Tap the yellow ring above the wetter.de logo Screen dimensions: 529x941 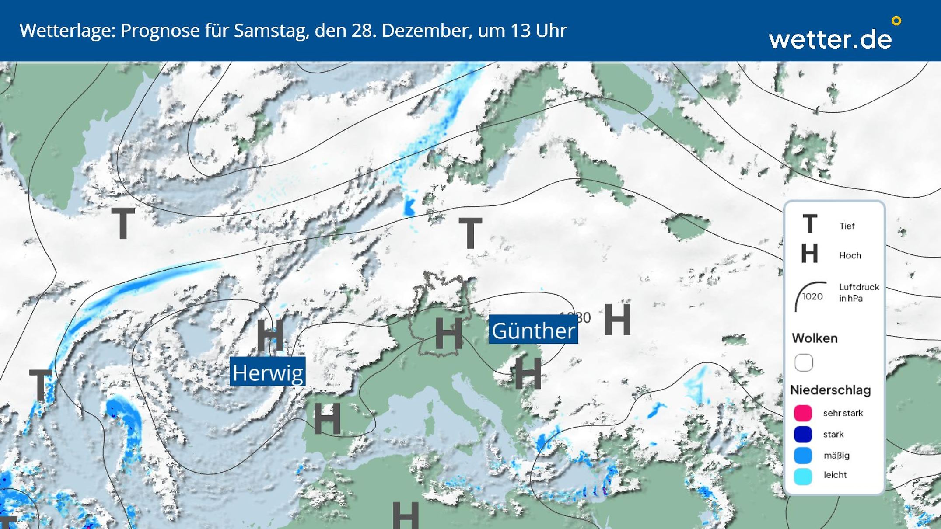[x=896, y=21]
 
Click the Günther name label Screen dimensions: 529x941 [x=533, y=331]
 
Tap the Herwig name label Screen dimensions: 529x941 [x=268, y=372]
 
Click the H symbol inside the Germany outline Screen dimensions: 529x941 [x=448, y=333]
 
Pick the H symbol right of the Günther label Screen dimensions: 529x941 [x=617, y=320]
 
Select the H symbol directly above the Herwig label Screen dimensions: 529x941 [x=269, y=336]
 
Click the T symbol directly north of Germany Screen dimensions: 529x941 [x=470, y=233]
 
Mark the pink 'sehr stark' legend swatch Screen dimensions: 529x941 [x=803, y=413]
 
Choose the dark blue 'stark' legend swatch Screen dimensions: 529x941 [x=803, y=434]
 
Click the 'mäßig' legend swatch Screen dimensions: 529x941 [x=803, y=455]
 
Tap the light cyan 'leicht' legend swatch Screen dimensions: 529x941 [x=803, y=476]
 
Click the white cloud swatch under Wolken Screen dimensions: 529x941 [x=804, y=362]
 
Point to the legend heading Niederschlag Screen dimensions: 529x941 [x=830, y=390]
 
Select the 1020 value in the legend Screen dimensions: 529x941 [x=812, y=297]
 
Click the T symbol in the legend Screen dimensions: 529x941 [x=810, y=224]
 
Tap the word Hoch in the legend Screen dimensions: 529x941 [x=850, y=255]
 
